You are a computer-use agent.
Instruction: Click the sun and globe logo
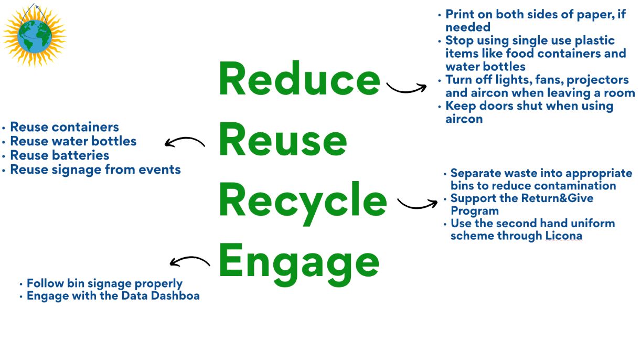[x=34, y=34]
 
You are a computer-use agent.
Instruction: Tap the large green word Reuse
[x=283, y=140]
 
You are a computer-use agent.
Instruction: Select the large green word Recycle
[x=303, y=200]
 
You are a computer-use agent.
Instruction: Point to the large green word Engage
[x=299, y=261]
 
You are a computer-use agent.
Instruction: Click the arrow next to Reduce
[x=407, y=88]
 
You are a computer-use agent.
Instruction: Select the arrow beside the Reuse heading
[x=185, y=142]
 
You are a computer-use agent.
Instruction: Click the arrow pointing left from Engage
[x=189, y=261]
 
